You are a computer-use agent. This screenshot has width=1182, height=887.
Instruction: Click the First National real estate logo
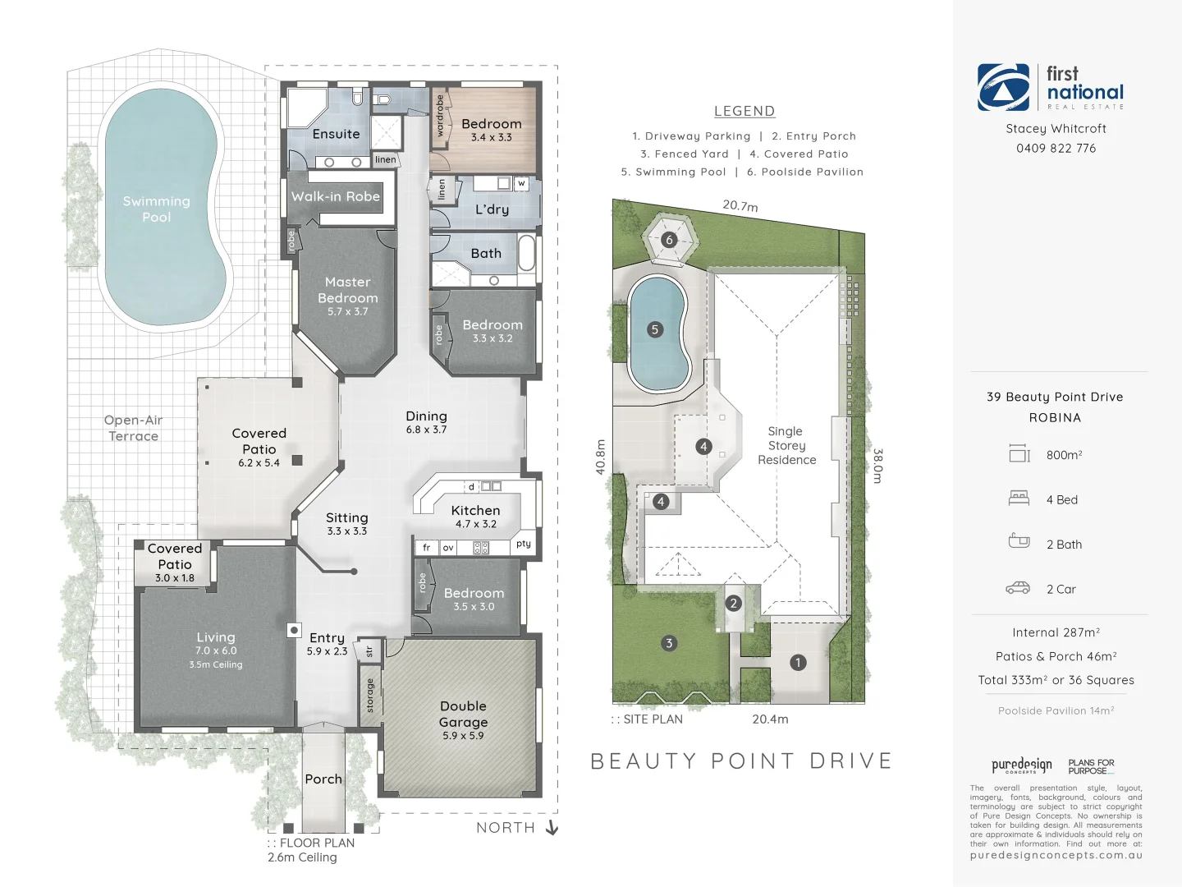coord(1051,87)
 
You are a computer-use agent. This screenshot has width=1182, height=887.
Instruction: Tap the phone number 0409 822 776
coord(1056,149)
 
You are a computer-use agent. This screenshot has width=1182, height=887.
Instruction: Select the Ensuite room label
coord(336,134)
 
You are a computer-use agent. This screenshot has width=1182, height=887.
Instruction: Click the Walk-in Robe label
coord(336,196)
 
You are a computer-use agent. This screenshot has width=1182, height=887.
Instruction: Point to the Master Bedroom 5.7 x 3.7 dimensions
coord(347,312)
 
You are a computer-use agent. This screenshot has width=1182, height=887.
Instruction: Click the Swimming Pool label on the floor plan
coord(156,209)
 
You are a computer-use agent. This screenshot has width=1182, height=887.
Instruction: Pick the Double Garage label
coord(463,714)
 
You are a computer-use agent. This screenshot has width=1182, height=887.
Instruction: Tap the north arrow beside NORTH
coord(552,827)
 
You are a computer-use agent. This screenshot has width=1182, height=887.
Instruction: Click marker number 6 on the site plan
coord(669,240)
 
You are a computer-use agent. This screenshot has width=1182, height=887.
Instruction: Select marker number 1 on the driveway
coord(798,662)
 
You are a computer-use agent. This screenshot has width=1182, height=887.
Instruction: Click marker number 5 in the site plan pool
coord(654,329)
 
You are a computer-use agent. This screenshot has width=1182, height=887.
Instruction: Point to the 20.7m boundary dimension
coord(740,205)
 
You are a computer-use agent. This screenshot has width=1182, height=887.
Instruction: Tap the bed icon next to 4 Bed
coord(1019,498)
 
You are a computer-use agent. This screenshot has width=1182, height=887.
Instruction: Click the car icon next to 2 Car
coord(1018,588)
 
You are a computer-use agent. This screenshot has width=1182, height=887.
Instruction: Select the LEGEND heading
coord(744,111)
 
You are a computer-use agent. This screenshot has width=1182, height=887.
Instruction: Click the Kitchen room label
coord(475,510)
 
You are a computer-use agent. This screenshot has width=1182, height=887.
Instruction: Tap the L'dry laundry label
coord(492,209)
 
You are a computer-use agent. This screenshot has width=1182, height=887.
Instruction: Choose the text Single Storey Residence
coord(786,445)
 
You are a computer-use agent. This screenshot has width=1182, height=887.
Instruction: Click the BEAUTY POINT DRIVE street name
coord(741,761)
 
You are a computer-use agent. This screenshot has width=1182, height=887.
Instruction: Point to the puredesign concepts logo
coord(1021,765)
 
